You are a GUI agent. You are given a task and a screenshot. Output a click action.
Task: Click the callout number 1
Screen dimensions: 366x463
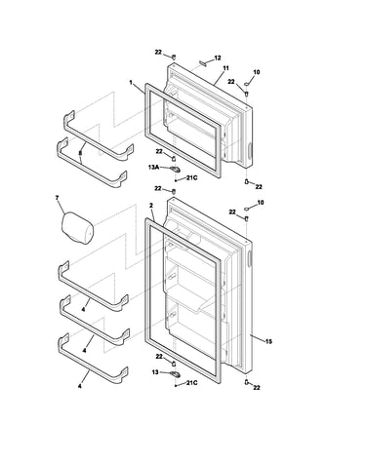click(x=131, y=83)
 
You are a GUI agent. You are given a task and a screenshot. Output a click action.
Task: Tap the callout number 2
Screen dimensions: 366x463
click(x=151, y=206)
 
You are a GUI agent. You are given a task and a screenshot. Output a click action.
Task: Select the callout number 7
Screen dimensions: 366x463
click(x=58, y=198)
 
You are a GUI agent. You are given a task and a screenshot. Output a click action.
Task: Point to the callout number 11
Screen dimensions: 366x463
click(x=225, y=68)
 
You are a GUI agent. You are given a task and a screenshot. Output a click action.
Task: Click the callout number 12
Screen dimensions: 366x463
click(x=218, y=58)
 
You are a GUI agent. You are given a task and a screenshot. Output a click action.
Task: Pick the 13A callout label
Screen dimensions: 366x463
click(x=154, y=168)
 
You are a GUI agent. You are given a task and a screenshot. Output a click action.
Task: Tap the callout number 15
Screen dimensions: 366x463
click(x=268, y=341)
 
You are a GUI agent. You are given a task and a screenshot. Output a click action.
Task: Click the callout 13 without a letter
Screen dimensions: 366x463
click(x=155, y=372)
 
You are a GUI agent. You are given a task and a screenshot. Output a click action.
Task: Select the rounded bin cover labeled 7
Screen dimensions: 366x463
click(x=77, y=227)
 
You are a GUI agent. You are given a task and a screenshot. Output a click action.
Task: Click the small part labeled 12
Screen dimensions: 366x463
click(x=203, y=63)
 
